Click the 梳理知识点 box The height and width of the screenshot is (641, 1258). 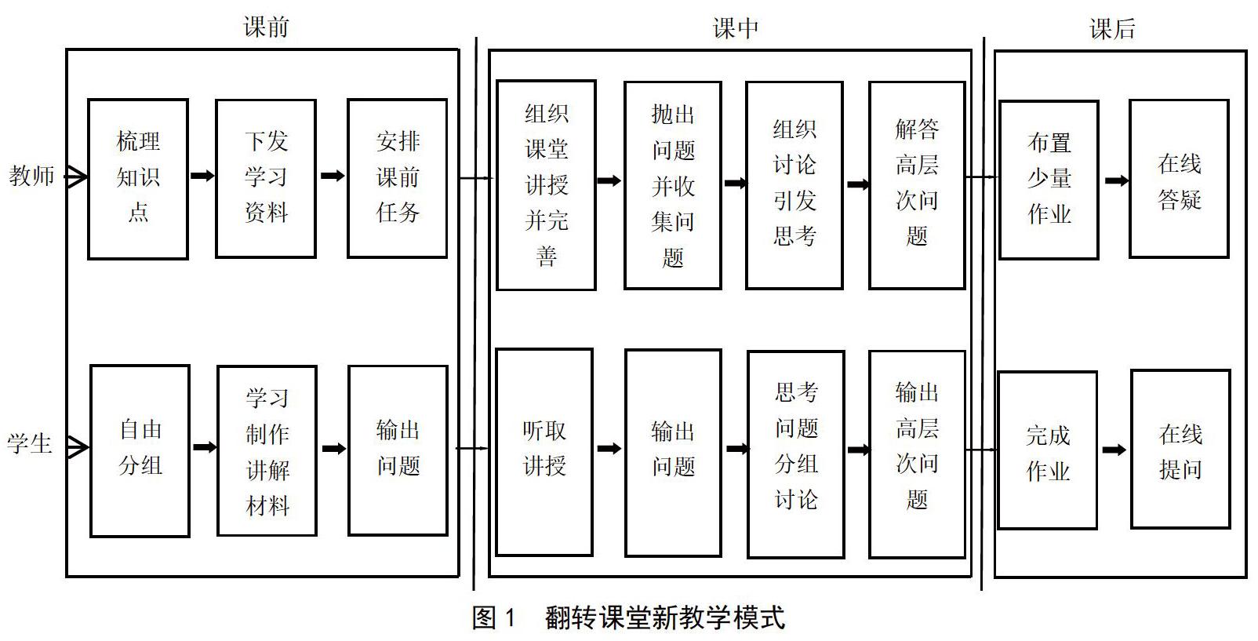(137, 178)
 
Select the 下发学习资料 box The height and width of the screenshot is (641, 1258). (266, 178)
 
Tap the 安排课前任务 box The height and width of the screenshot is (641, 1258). (398, 178)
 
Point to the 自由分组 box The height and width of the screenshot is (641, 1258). (140, 450)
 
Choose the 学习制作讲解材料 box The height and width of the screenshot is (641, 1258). (267, 451)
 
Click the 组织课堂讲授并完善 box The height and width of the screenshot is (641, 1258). (546, 185)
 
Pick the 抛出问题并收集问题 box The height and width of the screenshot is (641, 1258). (673, 186)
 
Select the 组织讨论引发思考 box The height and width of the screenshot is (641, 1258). (794, 185)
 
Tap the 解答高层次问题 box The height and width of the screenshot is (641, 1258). (917, 185)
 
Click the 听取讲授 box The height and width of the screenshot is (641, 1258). (544, 451)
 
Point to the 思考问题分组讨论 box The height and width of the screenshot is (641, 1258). (796, 453)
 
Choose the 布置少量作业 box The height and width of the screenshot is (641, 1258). (1049, 180)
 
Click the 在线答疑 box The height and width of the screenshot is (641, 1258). (1179, 180)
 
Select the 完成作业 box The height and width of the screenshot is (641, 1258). (1047, 451)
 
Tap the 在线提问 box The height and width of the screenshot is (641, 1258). (1180, 450)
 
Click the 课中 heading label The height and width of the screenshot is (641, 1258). (735, 29)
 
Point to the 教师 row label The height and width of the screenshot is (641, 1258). (31, 176)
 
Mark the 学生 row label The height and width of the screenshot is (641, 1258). (30, 445)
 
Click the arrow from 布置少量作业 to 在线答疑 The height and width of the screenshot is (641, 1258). (1116, 181)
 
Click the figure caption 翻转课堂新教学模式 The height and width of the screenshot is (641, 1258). (664, 618)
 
